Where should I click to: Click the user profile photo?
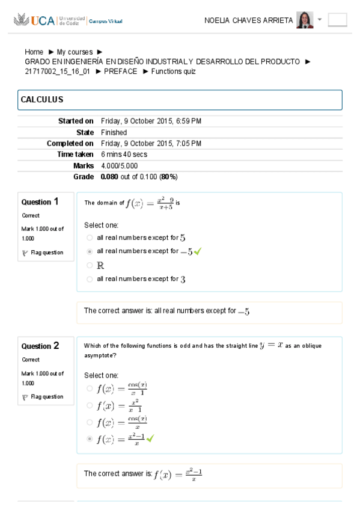(305, 20)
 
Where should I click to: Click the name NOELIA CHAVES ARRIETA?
(248, 20)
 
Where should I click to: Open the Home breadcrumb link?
(34, 52)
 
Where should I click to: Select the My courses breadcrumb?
(75, 52)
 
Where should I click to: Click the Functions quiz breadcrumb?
(173, 72)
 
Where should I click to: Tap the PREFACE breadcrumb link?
(120, 72)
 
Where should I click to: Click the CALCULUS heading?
(42, 100)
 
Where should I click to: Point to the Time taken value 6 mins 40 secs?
(124, 155)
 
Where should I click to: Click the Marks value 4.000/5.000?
(120, 166)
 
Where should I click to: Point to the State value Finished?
(114, 132)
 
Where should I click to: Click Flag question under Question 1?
(46, 253)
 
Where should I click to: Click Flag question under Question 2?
(46, 397)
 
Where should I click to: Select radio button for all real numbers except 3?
(90, 279)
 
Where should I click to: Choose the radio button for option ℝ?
(90, 265)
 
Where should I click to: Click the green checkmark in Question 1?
(198, 251)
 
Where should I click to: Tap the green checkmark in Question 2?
(150, 439)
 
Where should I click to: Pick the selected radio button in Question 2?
(90, 439)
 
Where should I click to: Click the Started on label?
(76, 121)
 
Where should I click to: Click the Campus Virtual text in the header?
(106, 21)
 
